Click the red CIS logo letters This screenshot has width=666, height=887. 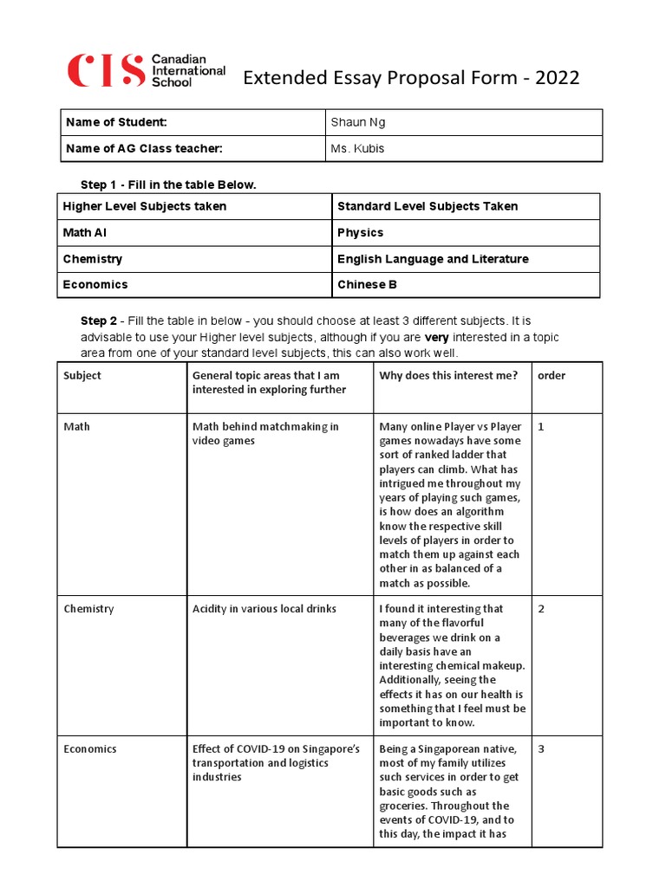tap(105, 71)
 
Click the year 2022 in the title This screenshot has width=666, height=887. tap(558, 79)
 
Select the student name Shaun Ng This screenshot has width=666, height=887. tap(357, 122)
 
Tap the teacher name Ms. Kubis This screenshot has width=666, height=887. tap(357, 148)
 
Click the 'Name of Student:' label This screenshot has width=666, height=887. tap(116, 122)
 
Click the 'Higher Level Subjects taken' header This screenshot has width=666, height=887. tap(144, 206)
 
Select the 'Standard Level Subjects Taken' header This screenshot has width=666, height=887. tap(427, 206)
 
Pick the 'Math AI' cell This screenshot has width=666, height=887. tap(85, 232)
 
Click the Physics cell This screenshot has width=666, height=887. tap(360, 232)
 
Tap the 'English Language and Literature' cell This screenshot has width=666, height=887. tap(432, 259)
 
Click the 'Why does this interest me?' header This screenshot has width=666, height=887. tap(448, 375)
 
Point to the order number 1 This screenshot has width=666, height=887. tap(541, 426)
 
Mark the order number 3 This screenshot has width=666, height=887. tap(541, 748)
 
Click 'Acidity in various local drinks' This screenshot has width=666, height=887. tap(264, 609)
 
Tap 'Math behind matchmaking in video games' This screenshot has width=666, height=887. tap(265, 433)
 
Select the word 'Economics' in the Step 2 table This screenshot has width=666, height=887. tap(89, 748)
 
